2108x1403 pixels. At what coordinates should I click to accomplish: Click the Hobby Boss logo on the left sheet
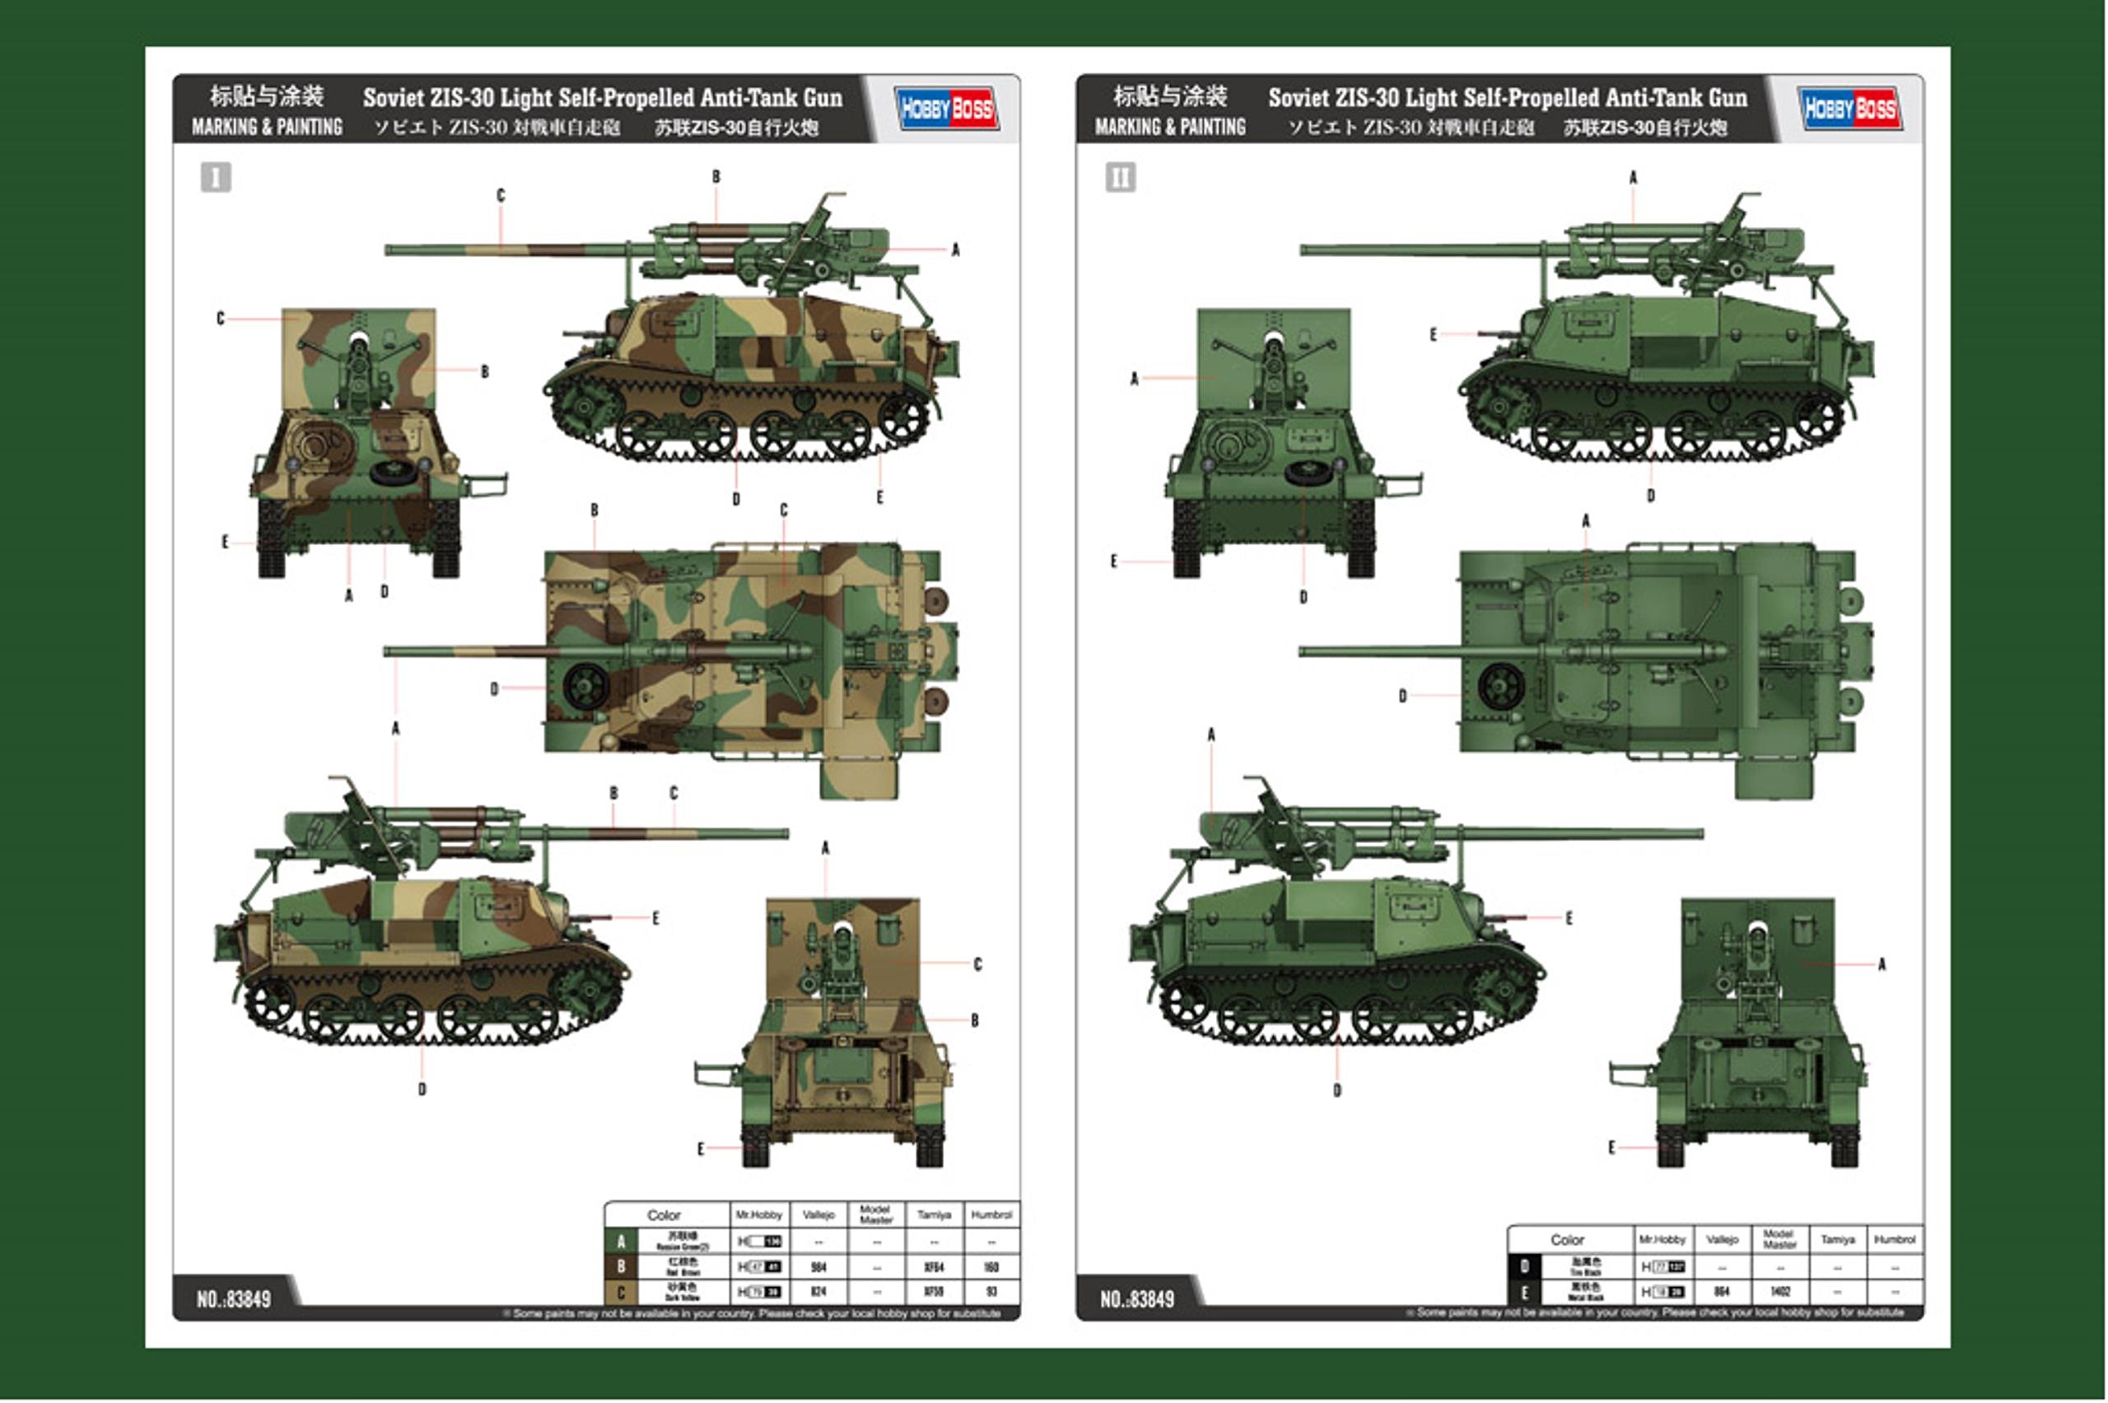click(947, 110)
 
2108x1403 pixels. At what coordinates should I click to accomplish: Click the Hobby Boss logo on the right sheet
click(1849, 110)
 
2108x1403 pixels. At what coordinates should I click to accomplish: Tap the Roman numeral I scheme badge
click(216, 177)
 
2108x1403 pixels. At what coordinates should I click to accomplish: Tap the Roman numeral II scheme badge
click(1119, 177)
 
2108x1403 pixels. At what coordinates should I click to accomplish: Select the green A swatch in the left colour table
click(621, 1242)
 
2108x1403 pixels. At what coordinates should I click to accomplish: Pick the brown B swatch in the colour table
click(621, 1267)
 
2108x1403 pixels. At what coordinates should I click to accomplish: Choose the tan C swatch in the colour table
click(621, 1292)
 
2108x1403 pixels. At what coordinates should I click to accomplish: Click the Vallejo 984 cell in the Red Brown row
click(818, 1267)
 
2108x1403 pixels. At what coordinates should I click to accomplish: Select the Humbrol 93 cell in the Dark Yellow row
click(991, 1292)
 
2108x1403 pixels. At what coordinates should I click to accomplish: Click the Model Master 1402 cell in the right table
click(1779, 1292)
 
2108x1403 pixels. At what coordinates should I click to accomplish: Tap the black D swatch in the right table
click(1525, 1267)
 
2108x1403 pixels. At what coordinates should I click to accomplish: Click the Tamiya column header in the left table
click(933, 1215)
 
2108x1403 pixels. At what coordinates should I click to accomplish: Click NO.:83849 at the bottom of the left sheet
click(234, 1299)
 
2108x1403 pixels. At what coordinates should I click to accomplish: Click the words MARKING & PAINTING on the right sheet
click(1169, 127)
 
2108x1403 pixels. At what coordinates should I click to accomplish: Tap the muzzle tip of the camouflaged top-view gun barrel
click(387, 651)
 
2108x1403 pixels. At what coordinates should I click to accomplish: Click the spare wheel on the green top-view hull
click(1500, 687)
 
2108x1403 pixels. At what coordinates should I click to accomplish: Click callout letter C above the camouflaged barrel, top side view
click(500, 195)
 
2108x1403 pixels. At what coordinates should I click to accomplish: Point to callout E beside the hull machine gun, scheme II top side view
click(1433, 334)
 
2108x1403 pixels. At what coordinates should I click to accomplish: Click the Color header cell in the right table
click(1567, 1240)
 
